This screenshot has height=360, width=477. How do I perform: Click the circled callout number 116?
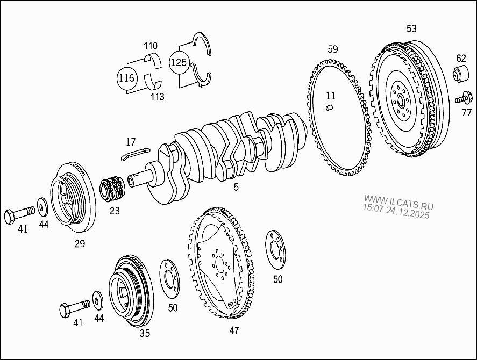pos(126,78)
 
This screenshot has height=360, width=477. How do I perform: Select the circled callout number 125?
pos(179,62)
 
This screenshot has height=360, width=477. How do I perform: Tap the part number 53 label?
pos(411,28)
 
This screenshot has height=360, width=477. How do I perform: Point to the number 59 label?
pos(333,49)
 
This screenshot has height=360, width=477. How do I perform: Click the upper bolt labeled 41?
pos(18,216)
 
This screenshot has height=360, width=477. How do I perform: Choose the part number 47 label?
pos(234,330)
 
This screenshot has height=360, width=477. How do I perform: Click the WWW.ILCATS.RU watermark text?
pos(398,205)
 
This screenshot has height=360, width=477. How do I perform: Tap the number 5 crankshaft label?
pos(236,188)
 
